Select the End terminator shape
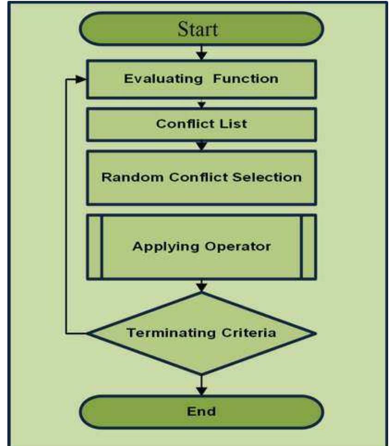[x=201, y=411]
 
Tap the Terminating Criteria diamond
[x=201, y=333]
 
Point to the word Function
[x=246, y=79]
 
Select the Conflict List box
[x=201, y=124]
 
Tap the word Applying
[x=160, y=246]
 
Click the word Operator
[x=240, y=246]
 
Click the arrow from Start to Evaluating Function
[x=201, y=52]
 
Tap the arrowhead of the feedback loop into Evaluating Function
[x=82, y=79]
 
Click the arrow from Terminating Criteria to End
[x=201, y=385]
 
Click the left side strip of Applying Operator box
[x=94, y=246]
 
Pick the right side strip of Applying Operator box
[x=309, y=246]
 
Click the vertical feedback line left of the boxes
[x=67, y=208]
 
